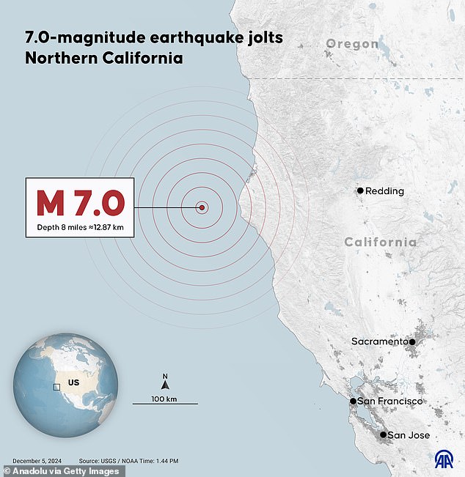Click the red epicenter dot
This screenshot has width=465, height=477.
[202, 207]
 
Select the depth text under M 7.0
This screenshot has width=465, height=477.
[81, 227]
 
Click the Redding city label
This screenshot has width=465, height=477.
[384, 191]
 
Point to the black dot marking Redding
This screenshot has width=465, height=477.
[360, 191]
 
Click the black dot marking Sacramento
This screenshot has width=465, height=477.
[412, 341]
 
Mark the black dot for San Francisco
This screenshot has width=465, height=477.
[353, 402]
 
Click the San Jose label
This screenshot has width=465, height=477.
[409, 435]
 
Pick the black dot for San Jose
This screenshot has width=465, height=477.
[383, 435]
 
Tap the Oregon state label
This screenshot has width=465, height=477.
[352, 44]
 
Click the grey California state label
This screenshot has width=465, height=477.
[381, 243]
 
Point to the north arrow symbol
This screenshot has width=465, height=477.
[165, 382]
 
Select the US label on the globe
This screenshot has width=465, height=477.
[73, 382]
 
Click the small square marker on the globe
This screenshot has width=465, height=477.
[56, 386]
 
